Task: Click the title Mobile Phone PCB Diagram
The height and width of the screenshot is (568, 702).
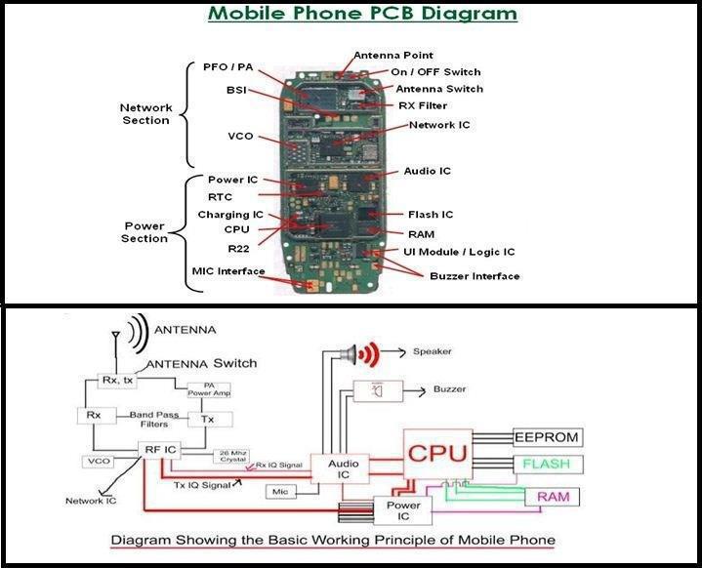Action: tap(362, 13)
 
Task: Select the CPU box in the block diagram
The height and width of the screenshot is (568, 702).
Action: tap(437, 455)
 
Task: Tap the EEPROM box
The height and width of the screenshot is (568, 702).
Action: tap(547, 437)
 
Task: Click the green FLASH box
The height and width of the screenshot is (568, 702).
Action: tap(548, 465)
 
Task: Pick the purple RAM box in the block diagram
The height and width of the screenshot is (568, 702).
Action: tap(552, 497)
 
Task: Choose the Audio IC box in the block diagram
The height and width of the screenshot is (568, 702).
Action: tap(340, 468)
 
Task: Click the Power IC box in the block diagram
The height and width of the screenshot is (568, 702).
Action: tap(402, 510)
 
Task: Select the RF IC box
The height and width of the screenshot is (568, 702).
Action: tap(159, 450)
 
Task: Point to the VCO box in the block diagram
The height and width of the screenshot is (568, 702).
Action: tap(99, 462)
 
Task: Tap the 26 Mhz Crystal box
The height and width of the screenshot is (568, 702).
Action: tap(231, 456)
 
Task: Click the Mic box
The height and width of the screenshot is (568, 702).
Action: tap(280, 492)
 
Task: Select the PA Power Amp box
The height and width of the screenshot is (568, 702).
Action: tap(209, 389)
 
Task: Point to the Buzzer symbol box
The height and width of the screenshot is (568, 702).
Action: tap(378, 391)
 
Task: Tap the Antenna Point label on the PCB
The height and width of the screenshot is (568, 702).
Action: tap(393, 56)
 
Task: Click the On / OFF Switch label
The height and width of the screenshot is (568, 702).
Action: tap(435, 72)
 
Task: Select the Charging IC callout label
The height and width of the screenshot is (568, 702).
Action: tap(230, 215)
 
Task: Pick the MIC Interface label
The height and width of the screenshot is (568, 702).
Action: tap(228, 271)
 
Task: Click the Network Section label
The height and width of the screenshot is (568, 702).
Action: tap(145, 114)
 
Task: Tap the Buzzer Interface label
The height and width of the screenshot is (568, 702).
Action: tap(475, 276)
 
